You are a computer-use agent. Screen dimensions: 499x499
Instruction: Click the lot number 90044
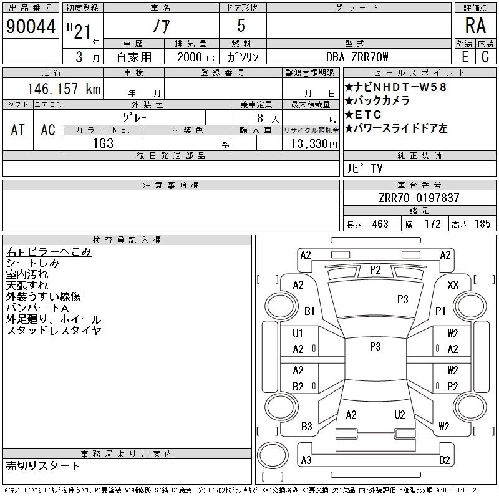(x=31, y=26)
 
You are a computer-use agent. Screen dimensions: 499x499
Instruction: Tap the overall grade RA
(x=475, y=26)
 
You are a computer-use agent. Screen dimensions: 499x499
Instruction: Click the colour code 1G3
(x=103, y=143)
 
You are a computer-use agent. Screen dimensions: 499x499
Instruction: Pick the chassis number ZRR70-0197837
(x=419, y=198)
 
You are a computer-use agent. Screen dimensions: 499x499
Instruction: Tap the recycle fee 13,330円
(x=311, y=143)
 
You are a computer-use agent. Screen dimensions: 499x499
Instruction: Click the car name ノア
(x=160, y=26)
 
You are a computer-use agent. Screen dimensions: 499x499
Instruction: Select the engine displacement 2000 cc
(x=190, y=57)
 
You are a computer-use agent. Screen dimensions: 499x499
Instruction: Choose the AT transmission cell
(x=17, y=130)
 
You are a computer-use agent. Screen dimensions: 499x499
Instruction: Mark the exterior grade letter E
(x=465, y=57)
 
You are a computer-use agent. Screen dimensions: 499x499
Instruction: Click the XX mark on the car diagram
(x=453, y=285)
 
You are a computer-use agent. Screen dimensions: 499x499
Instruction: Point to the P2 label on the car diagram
(x=375, y=270)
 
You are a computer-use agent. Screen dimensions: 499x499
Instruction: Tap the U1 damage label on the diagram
(x=298, y=334)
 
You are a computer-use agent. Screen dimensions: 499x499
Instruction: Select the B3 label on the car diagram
(x=306, y=427)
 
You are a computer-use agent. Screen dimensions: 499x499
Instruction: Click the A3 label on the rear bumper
(x=306, y=460)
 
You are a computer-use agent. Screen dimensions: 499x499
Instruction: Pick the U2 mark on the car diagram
(x=400, y=414)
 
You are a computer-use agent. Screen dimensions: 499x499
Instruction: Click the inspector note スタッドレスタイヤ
(x=54, y=331)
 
